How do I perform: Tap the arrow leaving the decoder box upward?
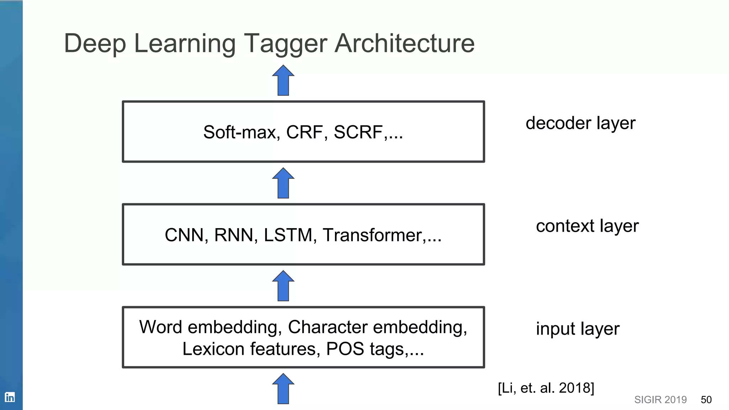[283, 80]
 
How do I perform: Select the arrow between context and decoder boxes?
[283, 183]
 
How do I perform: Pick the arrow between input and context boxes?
[283, 286]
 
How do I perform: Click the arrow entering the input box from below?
[283, 389]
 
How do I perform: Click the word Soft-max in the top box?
[240, 132]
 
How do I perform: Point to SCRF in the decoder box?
[358, 132]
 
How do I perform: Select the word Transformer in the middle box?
[372, 235]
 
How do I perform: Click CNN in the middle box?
[184, 235]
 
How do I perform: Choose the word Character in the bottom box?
[327, 327]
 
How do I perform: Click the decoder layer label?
[580, 123]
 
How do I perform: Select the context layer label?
[587, 226]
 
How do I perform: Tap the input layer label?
[577, 329]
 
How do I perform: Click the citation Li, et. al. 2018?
[546, 388]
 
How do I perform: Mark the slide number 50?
[706, 400]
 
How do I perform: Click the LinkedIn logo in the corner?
[10, 397]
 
